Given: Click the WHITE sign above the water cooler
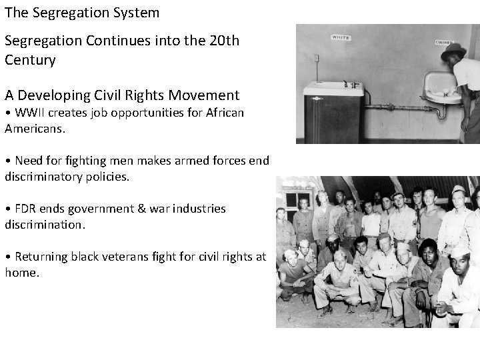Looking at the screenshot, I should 341,38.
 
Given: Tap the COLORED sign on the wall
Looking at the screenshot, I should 444,42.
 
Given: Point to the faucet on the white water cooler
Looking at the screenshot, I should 347,84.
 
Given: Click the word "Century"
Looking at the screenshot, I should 29,59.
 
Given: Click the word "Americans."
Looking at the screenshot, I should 35,128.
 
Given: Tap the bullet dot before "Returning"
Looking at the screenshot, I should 8,257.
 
